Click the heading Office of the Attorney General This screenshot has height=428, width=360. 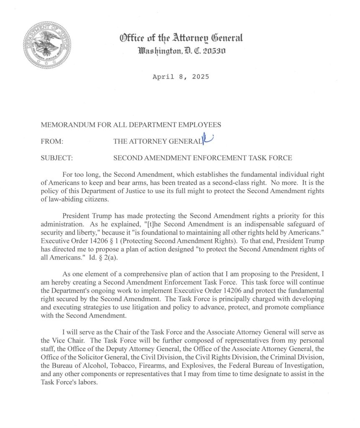click(181, 39)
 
